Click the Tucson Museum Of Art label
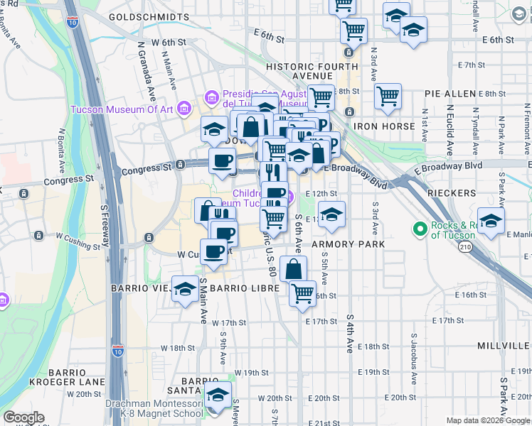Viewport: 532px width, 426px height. tap(122, 109)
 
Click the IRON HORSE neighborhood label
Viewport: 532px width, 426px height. tap(384, 126)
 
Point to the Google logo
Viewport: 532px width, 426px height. tap(23, 417)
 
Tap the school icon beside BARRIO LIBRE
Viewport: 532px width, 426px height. tap(186, 288)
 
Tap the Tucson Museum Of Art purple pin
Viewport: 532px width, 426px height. tap(184, 109)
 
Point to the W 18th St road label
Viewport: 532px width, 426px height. tap(178, 348)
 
